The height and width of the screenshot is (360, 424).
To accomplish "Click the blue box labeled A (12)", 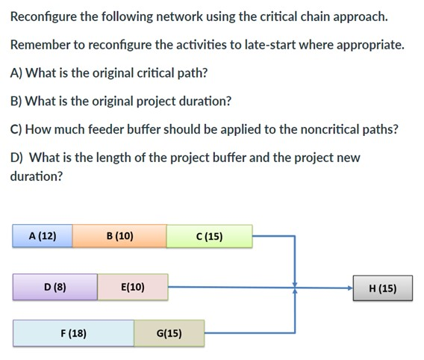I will (x=43, y=236).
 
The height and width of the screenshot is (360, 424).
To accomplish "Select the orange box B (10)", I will (x=119, y=236).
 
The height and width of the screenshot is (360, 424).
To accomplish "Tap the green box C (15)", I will (x=209, y=237).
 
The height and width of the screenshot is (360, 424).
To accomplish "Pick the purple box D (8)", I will (x=54, y=286).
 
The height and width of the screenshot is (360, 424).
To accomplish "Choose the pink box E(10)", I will (x=132, y=287).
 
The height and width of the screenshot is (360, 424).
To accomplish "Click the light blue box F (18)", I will (x=73, y=333).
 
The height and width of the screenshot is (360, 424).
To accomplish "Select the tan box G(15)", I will (x=169, y=333).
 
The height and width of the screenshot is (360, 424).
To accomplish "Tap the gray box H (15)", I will (x=383, y=287).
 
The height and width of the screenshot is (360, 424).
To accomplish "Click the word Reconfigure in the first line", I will (x=46, y=16).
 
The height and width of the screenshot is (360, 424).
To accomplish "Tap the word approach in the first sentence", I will (x=362, y=16).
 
